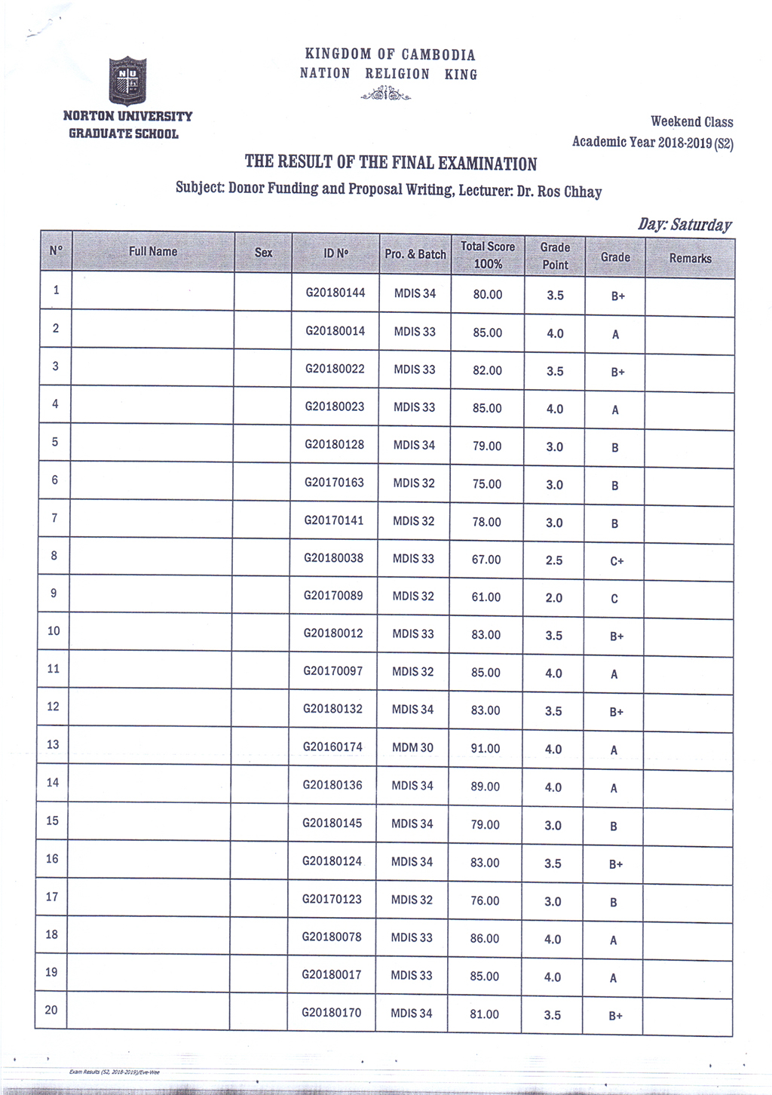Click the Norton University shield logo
[127, 80]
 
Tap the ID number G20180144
[335, 293]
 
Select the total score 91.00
[485, 748]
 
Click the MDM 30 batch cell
[412, 747]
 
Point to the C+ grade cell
[616, 561]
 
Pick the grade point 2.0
[553, 598]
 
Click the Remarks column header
[690, 258]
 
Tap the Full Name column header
[153, 251]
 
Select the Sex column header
[263, 253]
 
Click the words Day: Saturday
[685, 225]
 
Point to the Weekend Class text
[691, 121]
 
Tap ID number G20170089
[333, 595]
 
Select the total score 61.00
[486, 597]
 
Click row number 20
[51, 1010]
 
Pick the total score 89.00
[485, 787]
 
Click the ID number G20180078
[332, 937]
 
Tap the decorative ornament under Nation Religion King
[386, 94]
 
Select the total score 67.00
[486, 560]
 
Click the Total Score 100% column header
[488, 255]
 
